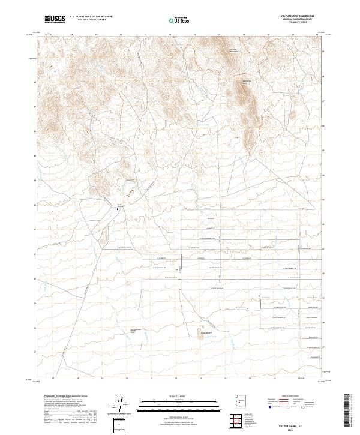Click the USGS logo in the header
pyautogui.click(x=55, y=20)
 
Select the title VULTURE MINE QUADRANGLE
pyautogui.click(x=296, y=14)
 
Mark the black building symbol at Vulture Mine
pyautogui.click(x=118, y=209)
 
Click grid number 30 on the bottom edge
pyautogui.click(x=127, y=379)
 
